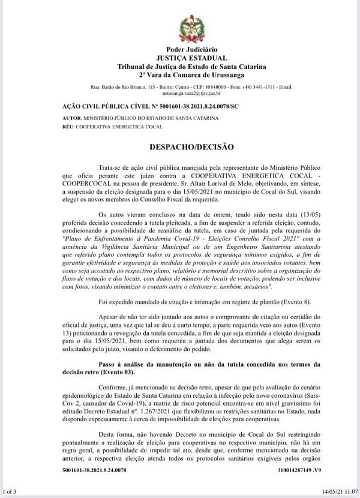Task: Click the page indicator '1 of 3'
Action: [x=11, y=493]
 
